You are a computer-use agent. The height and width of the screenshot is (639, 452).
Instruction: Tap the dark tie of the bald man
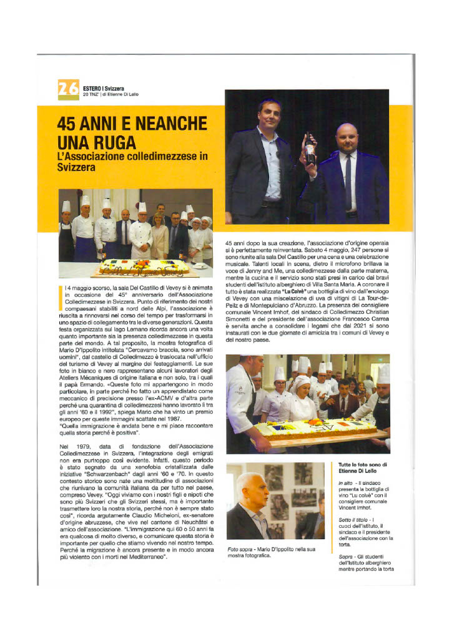pyautogui.click(x=348, y=182)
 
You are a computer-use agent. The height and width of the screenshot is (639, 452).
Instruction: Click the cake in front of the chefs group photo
pyautogui.click(x=144, y=267)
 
